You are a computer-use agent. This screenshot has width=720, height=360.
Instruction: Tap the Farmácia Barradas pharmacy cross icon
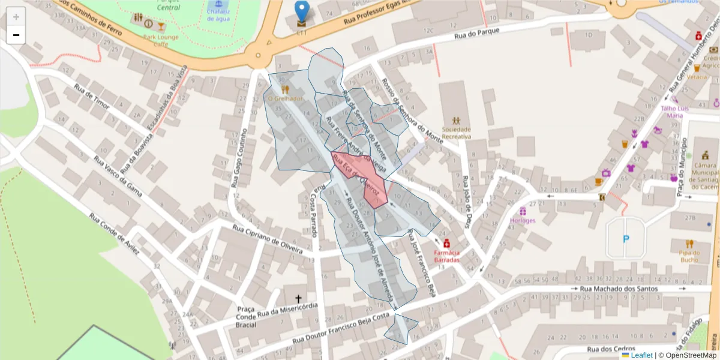(x=447, y=244)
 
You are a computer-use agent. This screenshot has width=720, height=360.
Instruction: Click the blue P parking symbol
(x=626, y=239)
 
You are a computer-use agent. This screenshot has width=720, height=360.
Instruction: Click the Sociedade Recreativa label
(x=456, y=133)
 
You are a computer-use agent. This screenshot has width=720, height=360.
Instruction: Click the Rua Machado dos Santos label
(x=619, y=289)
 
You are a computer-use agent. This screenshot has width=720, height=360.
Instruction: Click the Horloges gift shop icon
(x=523, y=211)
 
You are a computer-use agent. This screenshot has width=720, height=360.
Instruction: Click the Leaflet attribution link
(x=641, y=355)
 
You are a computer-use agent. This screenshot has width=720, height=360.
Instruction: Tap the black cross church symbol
(x=298, y=298)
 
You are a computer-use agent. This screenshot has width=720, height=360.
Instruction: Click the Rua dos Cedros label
(x=611, y=349)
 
